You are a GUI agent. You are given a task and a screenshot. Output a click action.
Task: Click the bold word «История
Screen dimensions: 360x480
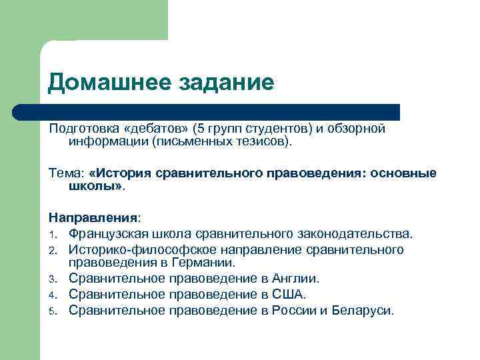coord(121,173)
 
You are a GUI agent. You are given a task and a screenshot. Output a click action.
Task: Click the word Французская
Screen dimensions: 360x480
coord(109,234)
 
